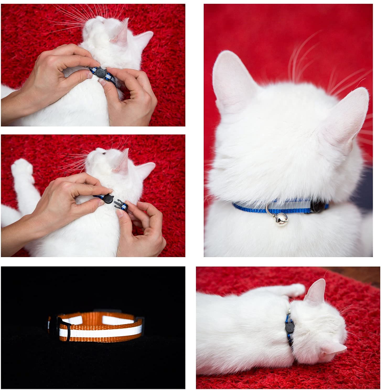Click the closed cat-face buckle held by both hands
click(x=100, y=72)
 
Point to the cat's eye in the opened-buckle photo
click(x=104, y=154)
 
